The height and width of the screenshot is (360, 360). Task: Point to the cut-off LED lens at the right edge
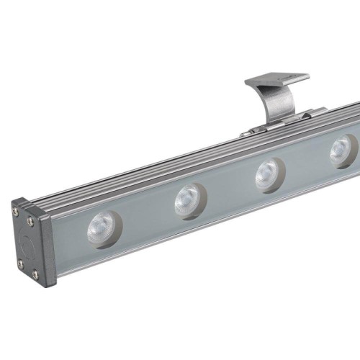pyautogui.click(x=342, y=150)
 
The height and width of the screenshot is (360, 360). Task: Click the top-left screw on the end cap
pyautogui.click(x=16, y=211)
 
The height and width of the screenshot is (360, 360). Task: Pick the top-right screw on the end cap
pyautogui.click(x=30, y=221)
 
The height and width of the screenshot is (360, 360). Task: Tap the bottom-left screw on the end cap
pyautogui.click(x=21, y=264)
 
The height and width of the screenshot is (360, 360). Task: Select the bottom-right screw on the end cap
pyautogui.click(x=35, y=276)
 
